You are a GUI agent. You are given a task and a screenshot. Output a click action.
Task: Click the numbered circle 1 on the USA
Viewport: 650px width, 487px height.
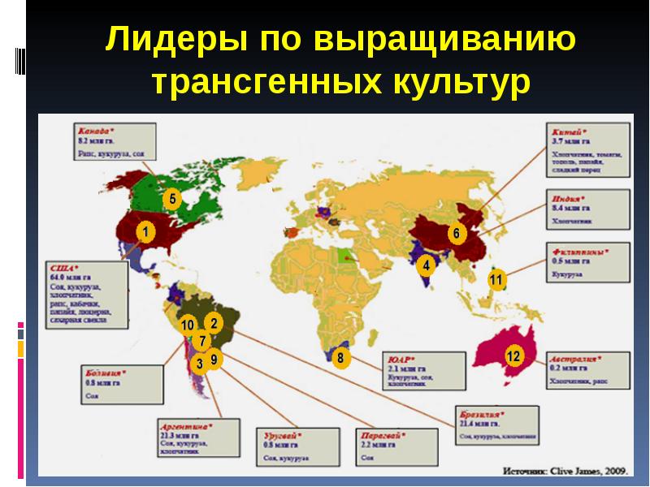pos(145,233)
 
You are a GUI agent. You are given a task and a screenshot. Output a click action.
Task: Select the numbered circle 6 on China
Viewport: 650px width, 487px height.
pos(456,234)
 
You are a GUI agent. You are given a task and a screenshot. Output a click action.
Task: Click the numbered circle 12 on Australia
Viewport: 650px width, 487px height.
pos(513,356)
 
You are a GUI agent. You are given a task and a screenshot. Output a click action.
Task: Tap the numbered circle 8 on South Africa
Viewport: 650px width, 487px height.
pos(340,356)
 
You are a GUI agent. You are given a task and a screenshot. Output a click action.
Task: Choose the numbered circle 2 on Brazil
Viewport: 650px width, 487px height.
pos(213,323)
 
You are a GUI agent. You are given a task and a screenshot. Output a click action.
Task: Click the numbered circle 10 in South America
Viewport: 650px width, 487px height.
pos(188,325)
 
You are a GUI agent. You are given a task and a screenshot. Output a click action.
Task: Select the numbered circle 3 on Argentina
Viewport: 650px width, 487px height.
pos(199,364)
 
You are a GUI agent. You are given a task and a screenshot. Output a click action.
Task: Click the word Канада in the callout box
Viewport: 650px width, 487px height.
pos(92,129)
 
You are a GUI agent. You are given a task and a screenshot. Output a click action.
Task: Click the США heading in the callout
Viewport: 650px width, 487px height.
pos(61,267)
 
